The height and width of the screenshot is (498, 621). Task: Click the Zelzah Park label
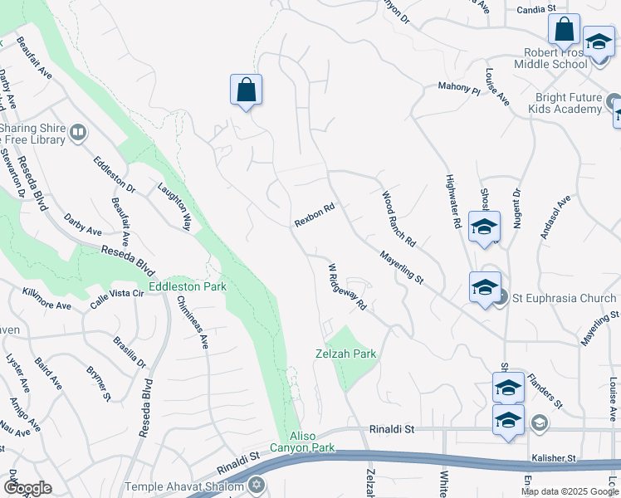[x=345, y=354]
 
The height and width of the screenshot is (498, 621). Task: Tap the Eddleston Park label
[x=188, y=287]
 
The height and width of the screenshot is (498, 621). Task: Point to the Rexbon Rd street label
[x=315, y=217]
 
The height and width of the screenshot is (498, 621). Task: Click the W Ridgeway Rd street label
[x=348, y=287]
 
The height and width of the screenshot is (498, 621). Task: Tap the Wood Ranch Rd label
[x=399, y=218]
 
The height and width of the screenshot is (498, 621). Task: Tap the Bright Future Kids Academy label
[x=569, y=103]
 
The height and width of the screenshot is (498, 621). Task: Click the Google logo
[x=27, y=488]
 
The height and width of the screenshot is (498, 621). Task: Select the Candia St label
[x=535, y=8]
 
